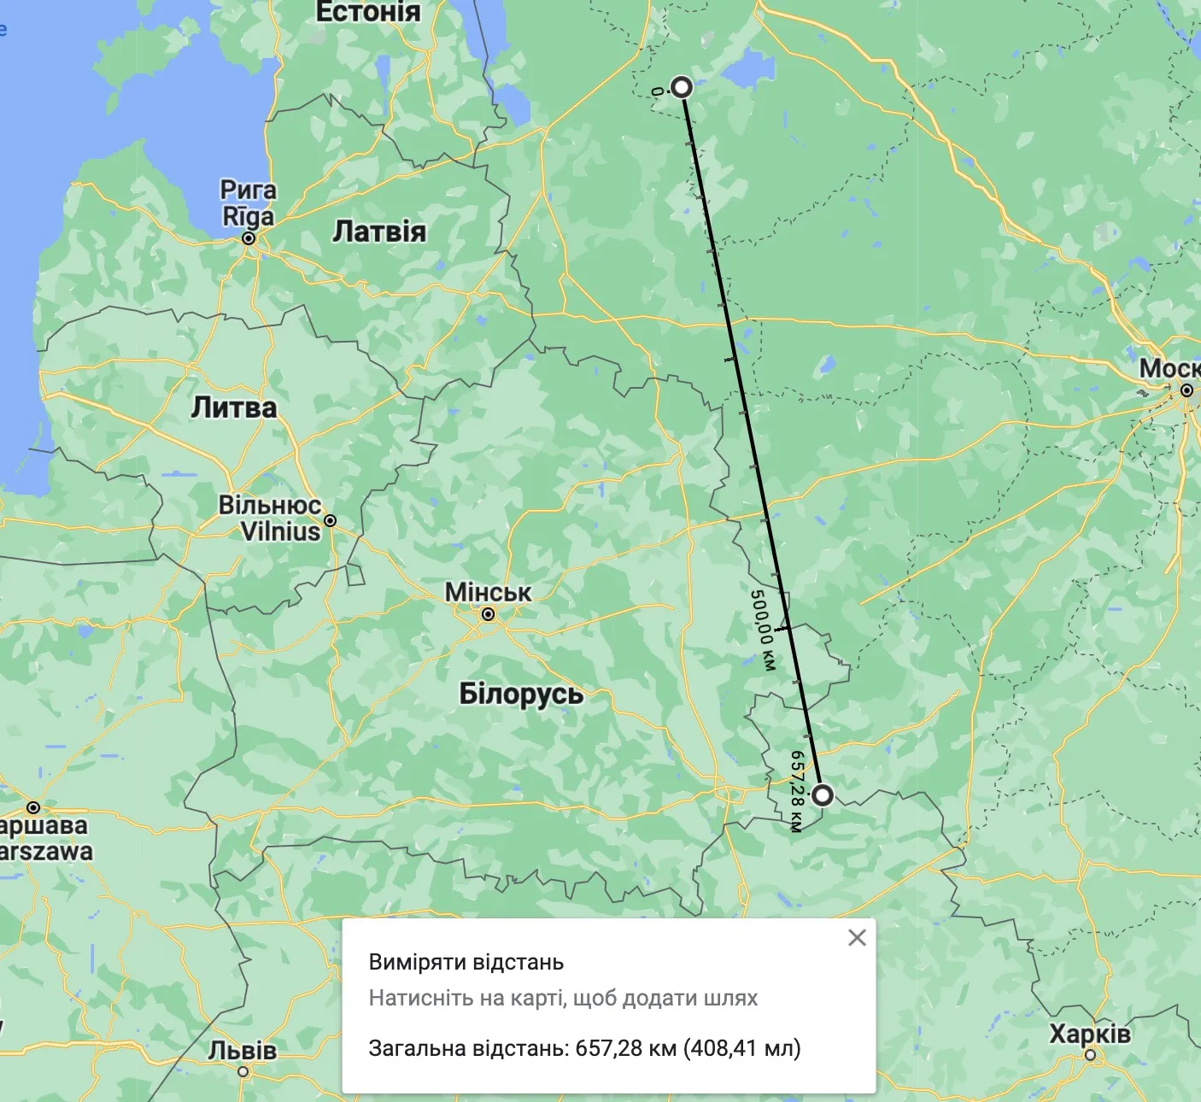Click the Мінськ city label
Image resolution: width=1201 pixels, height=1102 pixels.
(488, 592)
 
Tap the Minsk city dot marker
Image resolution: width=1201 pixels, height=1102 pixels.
(488, 614)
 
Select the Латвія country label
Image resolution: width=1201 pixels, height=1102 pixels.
(378, 232)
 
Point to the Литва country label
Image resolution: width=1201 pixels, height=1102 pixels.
(234, 407)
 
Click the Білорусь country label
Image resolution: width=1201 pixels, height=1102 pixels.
(521, 693)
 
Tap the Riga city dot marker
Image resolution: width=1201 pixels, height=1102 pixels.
(249, 238)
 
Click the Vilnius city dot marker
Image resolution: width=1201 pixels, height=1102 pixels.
(330, 520)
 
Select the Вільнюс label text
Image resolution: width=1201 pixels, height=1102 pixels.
(270, 505)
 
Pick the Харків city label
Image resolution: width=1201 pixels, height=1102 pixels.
(1090, 1034)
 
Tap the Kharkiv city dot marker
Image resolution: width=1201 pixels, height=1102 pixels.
(1090, 1055)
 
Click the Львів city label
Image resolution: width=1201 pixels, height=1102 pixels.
(243, 1050)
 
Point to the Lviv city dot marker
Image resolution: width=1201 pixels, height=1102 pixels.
(243, 1071)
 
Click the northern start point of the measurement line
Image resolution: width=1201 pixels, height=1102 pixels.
(681, 87)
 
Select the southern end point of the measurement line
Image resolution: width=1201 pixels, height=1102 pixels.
(822, 795)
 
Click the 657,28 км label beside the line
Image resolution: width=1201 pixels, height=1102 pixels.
(797, 790)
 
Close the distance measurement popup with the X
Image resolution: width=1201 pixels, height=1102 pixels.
(857, 938)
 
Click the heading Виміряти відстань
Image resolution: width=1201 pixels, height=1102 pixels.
(466, 963)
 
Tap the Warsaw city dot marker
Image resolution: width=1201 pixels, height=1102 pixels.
(33, 807)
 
